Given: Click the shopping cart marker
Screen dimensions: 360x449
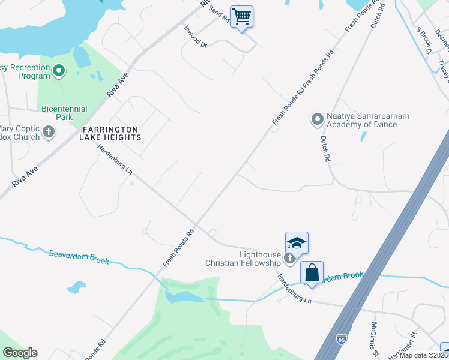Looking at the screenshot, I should pos(241,17).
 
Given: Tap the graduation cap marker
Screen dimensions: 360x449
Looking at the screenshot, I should pos(297,243).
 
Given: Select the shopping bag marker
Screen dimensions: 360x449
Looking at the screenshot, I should pos(312,273).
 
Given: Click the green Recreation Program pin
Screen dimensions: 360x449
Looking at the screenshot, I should pos(58,71).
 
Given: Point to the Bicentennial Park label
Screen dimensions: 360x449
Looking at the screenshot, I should pos(64,113).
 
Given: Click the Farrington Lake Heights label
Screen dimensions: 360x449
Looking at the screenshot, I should pos(110,133).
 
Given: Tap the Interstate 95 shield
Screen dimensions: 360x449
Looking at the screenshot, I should pos(342,355).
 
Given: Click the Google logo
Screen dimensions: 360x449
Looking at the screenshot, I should pos(20,353).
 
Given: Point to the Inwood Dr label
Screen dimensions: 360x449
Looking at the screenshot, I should pos(195,37).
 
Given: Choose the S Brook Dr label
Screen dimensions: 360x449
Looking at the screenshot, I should pos(423,40).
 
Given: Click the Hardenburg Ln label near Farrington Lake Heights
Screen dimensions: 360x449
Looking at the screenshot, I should pos(115,160).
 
